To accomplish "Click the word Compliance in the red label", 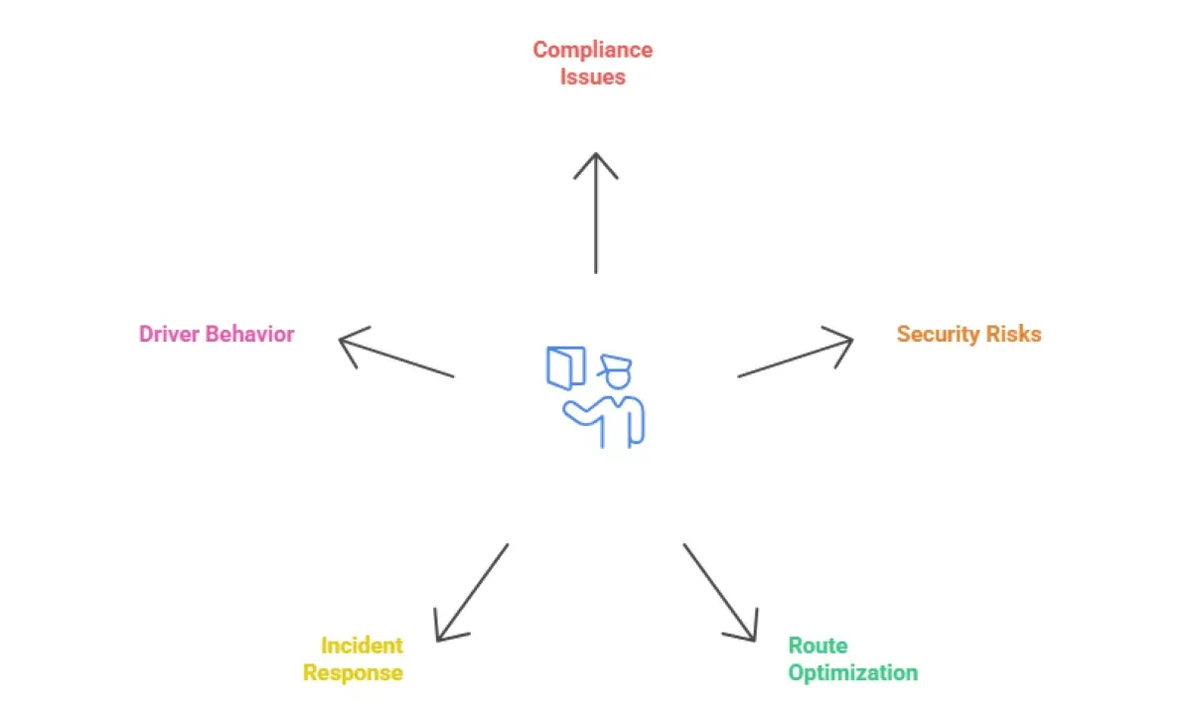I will [x=592, y=50].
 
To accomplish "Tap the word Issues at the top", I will [x=592, y=76].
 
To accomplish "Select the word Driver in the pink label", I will [x=169, y=334].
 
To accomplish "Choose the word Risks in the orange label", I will [x=1013, y=334].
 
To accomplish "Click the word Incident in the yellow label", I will [x=362, y=645].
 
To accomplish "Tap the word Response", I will [x=353, y=672].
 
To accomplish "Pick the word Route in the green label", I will [x=818, y=645].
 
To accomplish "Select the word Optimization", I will [x=852, y=672].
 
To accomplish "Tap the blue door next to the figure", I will [x=566, y=366].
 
